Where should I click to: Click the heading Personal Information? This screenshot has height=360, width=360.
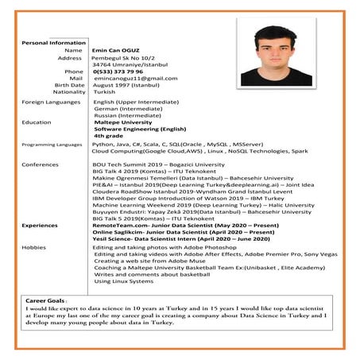click(53, 42)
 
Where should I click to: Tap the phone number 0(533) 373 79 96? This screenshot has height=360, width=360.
click(124, 72)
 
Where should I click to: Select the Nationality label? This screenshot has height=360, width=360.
click(69, 92)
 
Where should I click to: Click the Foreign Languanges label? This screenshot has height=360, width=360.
click(52, 103)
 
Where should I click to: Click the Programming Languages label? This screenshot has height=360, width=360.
click(52, 145)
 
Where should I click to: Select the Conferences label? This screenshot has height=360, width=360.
click(40, 165)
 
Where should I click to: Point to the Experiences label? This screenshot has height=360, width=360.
click(40, 225)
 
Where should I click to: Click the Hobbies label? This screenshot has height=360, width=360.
click(34, 247)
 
